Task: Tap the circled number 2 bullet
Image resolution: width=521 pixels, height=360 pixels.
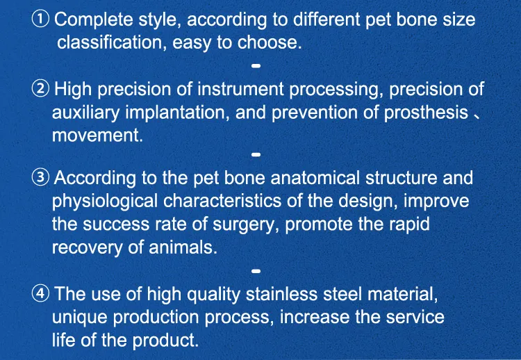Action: click(42, 90)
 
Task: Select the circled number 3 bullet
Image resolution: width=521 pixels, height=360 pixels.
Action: click(42, 178)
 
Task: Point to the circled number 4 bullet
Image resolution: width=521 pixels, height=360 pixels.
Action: click(42, 294)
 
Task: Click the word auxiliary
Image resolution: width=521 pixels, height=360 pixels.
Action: click(86, 113)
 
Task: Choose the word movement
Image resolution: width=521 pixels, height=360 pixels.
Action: click(97, 136)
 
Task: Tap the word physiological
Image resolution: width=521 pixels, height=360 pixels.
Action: click(105, 202)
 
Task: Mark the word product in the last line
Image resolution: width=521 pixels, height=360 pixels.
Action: click(170, 341)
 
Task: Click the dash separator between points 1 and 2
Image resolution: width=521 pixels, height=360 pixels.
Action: click(255, 66)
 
